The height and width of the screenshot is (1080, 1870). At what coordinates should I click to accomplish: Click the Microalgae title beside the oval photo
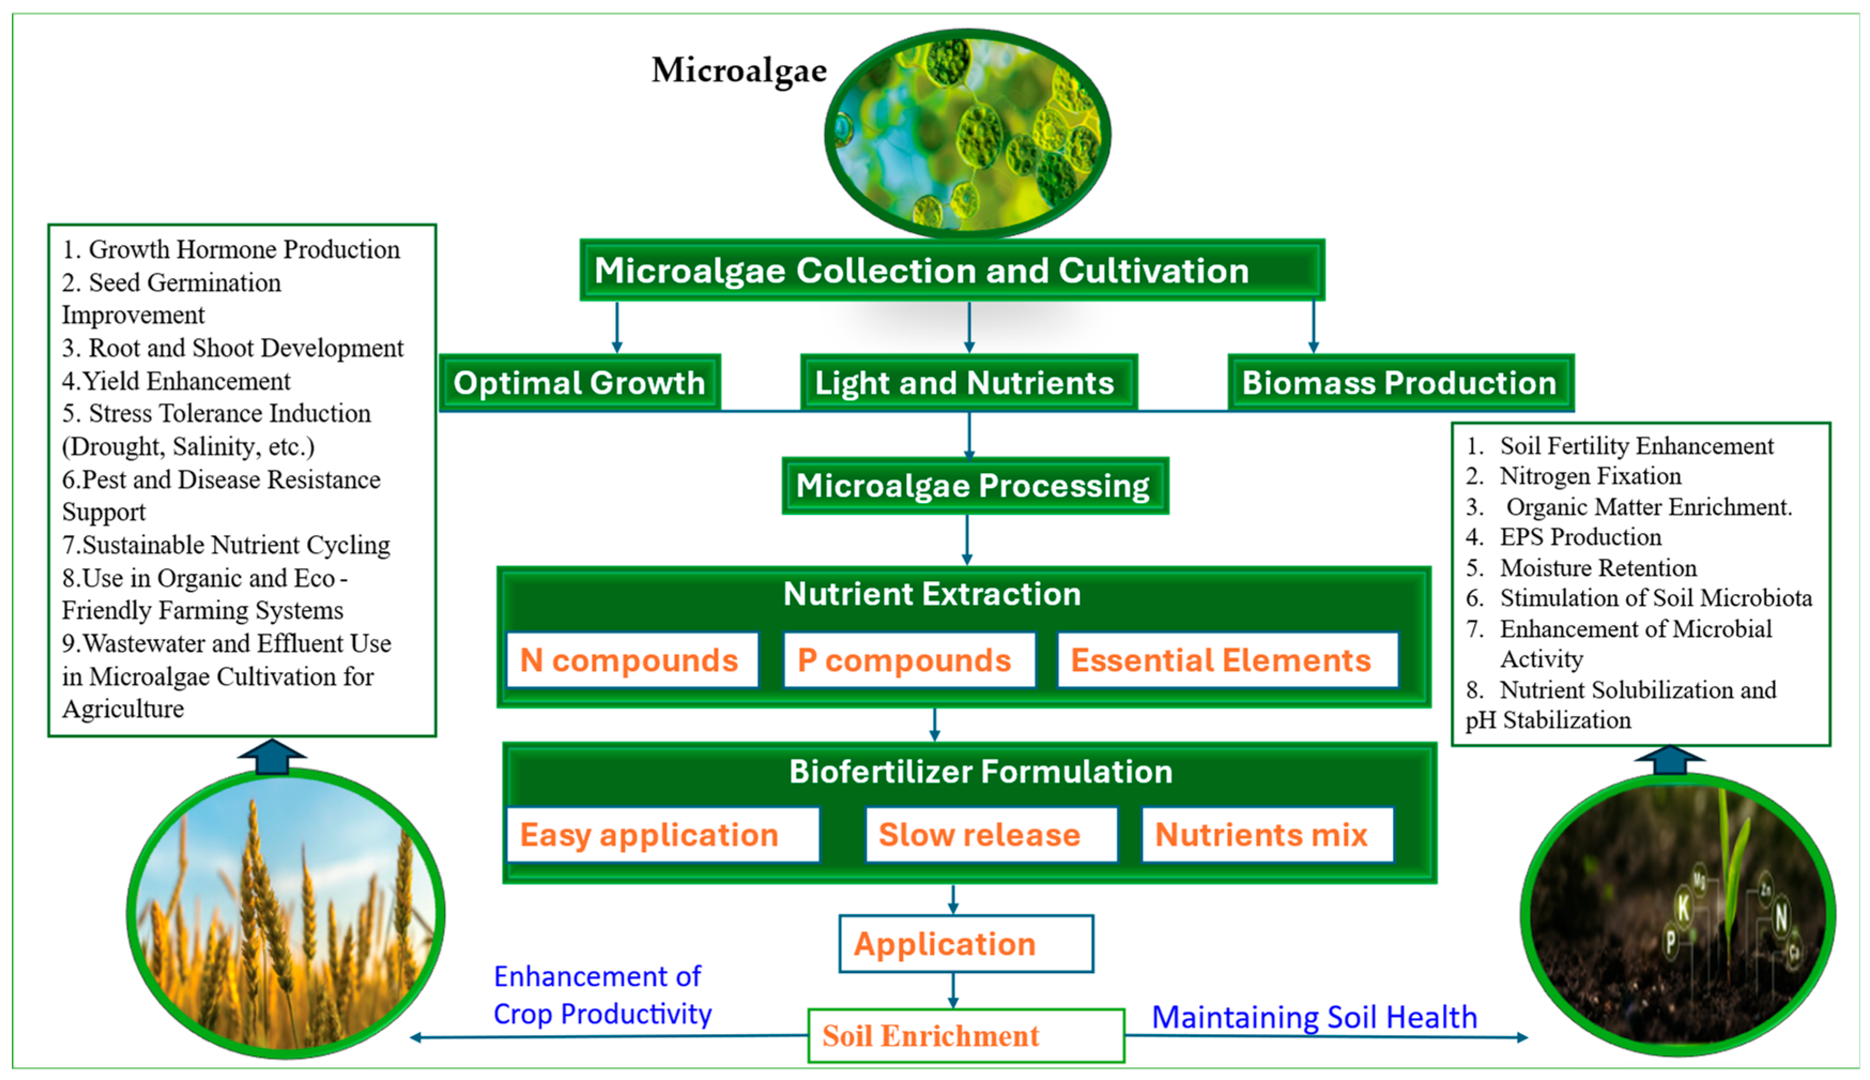coord(739,71)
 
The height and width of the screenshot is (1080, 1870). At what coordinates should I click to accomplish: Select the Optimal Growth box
coord(579,383)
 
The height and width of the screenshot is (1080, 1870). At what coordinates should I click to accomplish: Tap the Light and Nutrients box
coord(967,383)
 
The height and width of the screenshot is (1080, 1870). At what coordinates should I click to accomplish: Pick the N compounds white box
coord(631,659)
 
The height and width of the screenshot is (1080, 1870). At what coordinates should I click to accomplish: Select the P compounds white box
coord(908,659)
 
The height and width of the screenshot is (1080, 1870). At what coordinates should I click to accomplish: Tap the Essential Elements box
coord(1226,659)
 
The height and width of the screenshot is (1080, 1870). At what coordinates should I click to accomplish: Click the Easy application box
coord(661,835)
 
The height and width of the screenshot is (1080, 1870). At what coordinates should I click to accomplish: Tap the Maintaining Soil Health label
coord(1314,1017)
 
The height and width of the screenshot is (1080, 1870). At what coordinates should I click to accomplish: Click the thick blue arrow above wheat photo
coord(272,757)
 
